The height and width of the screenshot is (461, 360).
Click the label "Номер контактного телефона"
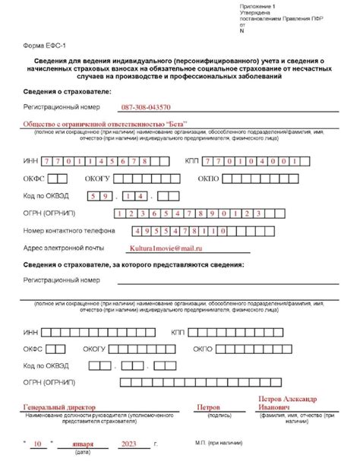69,230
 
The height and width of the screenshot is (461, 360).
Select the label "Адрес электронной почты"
64,248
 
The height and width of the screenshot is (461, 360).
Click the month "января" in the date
82,444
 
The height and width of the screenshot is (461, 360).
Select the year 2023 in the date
130,444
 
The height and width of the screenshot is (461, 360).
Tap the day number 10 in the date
37,444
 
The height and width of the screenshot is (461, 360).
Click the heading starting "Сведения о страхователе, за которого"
133,264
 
